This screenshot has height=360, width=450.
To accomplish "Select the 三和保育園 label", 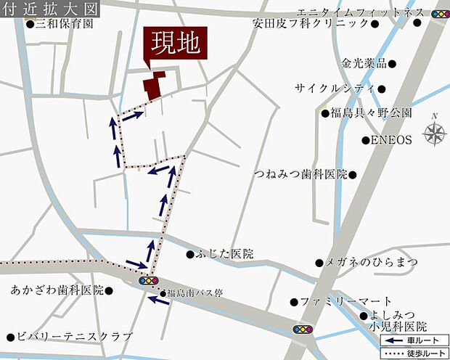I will pyautogui.click(x=65, y=24).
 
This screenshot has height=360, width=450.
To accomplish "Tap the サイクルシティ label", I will pyautogui.click(x=333, y=88).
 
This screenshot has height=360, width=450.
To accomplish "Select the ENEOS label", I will pyautogui.click(x=391, y=139).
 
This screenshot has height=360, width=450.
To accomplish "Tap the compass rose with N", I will pyautogui.click(x=435, y=133).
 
